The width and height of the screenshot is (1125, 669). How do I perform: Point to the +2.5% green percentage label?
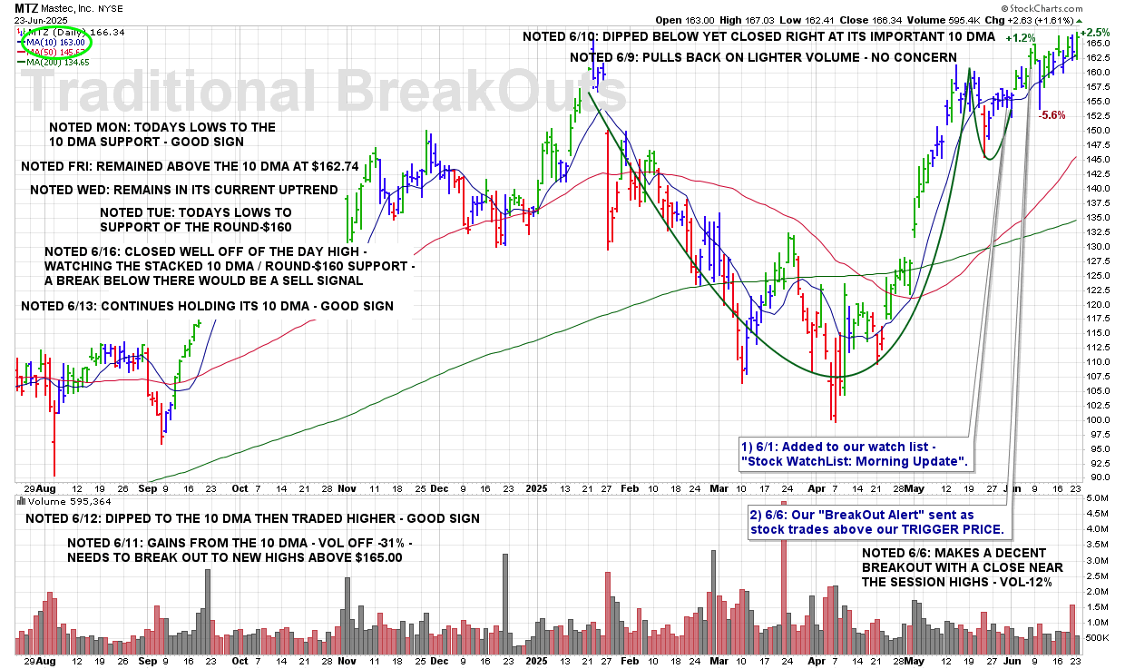point(1095,32)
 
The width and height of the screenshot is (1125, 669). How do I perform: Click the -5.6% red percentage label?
point(1052,115)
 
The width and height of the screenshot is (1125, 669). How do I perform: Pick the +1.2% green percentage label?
point(1021,38)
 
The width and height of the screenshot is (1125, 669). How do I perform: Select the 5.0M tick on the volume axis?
point(1097,498)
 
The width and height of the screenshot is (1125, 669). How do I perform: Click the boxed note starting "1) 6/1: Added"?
point(854,454)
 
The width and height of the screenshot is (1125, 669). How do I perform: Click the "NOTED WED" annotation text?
point(183,190)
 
